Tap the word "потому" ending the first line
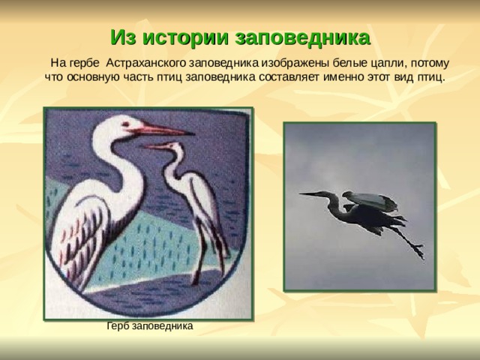pyautogui.click(x=430, y=64)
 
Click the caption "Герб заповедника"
pyautogui.click(x=150, y=325)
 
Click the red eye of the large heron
pyautogui.click(x=125, y=124)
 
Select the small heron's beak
pyautogui.click(x=155, y=146)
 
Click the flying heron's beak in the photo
pyautogui.click(x=311, y=193)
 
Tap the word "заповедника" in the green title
pyautogui.click(x=302, y=38)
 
